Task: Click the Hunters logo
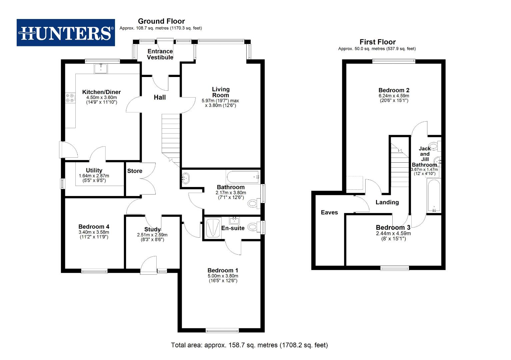coord(66,33)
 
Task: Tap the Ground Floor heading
coord(161,21)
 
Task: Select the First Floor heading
coord(377,42)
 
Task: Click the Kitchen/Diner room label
coord(101,92)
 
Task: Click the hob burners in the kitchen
coord(70,98)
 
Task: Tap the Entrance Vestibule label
coord(160,54)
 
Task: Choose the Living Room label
coord(221,92)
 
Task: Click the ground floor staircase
coord(171,137)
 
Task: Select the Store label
coord(135,171)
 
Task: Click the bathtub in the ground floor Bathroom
coord(242,177)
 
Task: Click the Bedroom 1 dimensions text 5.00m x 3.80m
coord(223,276)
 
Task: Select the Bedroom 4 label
coord(94,227)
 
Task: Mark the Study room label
coord(152,229)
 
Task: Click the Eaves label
coord(329,213)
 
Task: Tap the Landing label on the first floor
coord(387,202)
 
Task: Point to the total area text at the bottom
coord(249,345)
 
